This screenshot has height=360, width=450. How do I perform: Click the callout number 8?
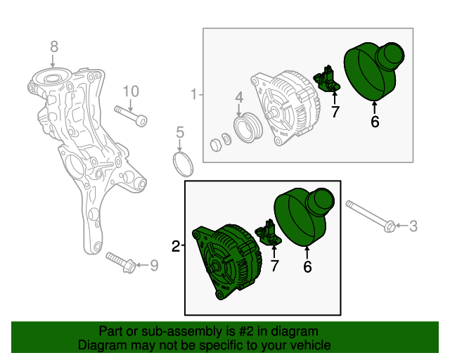click(x=54, y=47)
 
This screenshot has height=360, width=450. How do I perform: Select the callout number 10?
click(x=131, y=91)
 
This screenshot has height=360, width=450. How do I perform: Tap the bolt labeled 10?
click(x=131, y=115)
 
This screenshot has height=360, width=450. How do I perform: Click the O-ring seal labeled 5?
click(x=184, y=164)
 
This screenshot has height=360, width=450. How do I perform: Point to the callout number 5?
click(x=180, y=131)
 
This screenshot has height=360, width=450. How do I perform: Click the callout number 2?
click(x=176, y=246)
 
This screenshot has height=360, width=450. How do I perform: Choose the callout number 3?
click(x=413, y=226)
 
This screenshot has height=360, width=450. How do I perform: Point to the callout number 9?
click(x=155, y=265)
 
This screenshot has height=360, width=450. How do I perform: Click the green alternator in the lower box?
click(x=225, y=260)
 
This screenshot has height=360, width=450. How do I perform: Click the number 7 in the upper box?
click(x=335, y=111)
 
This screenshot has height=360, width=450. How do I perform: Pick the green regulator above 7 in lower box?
click(x=270, y=233)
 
